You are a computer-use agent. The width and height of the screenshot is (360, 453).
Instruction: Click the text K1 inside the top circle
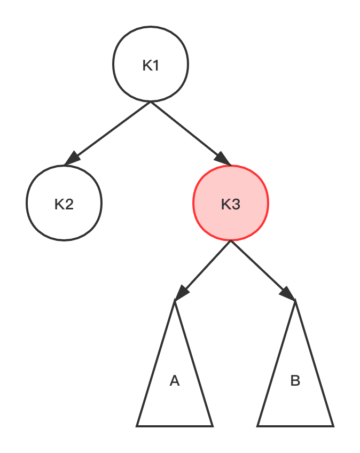tap(151, 66)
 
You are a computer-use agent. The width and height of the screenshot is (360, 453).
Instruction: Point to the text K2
tap(64, 205)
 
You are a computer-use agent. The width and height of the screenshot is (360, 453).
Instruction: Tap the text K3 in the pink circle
tap(231, 205)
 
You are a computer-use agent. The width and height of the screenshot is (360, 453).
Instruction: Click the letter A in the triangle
tap(175, 381)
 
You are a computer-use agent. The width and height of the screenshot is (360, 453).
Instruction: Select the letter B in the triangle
tap(295, 381)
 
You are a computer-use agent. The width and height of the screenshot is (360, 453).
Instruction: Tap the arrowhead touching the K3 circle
tap(223, 159)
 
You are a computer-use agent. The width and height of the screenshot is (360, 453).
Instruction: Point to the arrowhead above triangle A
tap(182, 292)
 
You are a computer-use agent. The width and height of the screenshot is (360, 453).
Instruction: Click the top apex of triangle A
tap(175, 304)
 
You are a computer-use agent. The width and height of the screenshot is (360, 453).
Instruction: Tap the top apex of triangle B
tap(295, 304)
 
